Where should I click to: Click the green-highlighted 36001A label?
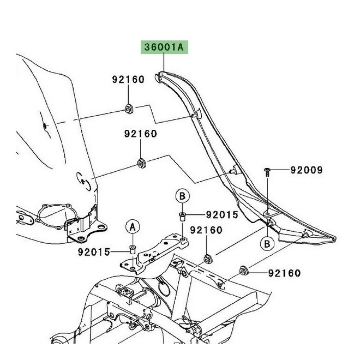[x=165, y=48]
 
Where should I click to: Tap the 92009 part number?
[x=306, y=171]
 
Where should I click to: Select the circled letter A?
[x=132, y=225]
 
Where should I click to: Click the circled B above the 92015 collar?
[x=182, y=195]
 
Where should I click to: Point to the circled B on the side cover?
[x=267, y=243]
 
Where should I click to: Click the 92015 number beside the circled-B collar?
[x=222, y=215]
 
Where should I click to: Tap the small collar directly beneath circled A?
[x=132, y=249]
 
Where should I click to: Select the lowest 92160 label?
[x=284, y=272]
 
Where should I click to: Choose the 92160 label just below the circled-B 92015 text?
[x=206, y=231]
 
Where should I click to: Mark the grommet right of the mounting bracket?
[x=207, y=257]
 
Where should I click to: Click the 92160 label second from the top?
[x=140, y=134]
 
